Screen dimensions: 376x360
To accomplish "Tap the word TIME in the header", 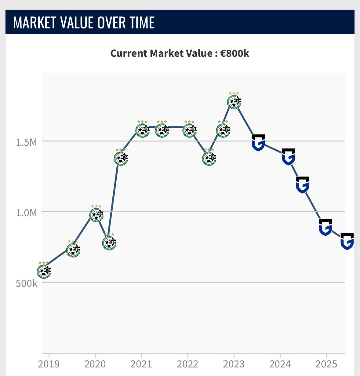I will point(142,23).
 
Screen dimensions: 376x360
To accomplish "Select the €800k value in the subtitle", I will point(235,53).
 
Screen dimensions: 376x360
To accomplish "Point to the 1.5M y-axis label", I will point(26,142).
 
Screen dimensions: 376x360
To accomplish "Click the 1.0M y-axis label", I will point(26,213).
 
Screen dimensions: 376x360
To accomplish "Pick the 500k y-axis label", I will point(26,283).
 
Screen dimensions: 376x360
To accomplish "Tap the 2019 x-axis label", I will point(49,364).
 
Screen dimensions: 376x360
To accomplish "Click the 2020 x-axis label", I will point(95,364).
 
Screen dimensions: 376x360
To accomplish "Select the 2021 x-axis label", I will point(141,364).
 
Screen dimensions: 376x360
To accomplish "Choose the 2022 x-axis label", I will point(187,364).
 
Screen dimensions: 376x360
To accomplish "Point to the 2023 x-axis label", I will point(234,364).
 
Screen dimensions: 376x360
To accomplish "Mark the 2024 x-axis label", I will point(280,364).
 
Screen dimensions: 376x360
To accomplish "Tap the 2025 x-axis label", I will point(326,364).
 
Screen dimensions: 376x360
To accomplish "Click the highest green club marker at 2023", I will point(234,102).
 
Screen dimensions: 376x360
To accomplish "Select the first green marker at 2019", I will point(44,271).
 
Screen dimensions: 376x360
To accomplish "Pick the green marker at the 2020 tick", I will point(96,215).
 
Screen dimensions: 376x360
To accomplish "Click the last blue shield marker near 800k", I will point(347,241).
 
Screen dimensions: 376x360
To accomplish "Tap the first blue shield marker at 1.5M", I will point(258,143).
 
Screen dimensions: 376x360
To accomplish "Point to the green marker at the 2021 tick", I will point(143,130).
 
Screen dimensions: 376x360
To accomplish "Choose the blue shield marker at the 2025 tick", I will point(325,227).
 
